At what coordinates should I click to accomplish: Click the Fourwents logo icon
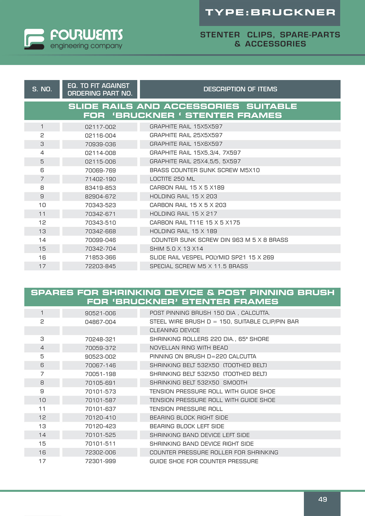(34, 39)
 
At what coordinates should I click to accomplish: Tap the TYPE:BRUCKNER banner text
(270, 12)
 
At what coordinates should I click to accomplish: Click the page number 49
(322, 499)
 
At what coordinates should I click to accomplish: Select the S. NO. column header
(42, 89)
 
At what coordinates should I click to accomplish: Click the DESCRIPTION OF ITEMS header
(240, 89)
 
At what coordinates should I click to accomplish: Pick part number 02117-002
(100, 127)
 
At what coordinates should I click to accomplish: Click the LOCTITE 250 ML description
(172, 179)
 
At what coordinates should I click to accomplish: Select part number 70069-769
(100, 170)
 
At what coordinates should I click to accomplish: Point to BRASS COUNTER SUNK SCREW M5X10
(204, 170)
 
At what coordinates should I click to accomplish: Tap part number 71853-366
(100, 257)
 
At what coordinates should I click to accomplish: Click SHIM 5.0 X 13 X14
(176, 249)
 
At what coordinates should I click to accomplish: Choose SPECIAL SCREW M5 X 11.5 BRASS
(199, 266)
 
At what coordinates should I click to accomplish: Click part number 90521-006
(100, 313)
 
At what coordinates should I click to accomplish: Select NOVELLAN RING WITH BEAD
(189, 348)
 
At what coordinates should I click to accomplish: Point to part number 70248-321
(100, 339)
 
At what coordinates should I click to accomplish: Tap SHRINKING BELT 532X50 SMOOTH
(198, 383)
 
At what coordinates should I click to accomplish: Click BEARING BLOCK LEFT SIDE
(187, 426)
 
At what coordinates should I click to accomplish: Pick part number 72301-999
(100, 461)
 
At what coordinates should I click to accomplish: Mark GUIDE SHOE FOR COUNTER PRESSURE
(204, 461)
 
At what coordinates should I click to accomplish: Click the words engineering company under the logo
(86, 46)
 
